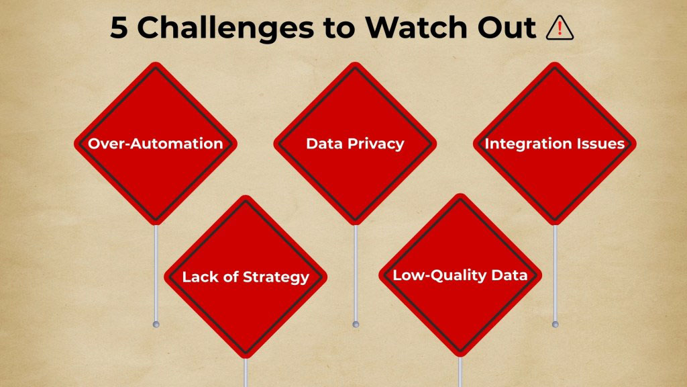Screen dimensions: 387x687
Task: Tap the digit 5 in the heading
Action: click(x=119, y=28)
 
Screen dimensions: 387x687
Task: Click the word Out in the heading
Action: click(x=509, y=28)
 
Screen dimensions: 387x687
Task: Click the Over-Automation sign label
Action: click(x=156, y=144)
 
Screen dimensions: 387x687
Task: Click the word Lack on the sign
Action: click(x=199, y=277)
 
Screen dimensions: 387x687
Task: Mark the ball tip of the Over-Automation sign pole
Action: click(x=156, y=325)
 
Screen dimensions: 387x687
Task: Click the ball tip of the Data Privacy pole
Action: click(x=356, y=325)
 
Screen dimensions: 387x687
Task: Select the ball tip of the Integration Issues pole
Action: click(x=555, y=325)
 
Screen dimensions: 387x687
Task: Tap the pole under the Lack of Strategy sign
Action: click(x=246, y=372)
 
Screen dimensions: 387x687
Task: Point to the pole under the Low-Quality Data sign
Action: click(x=460, y=372)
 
